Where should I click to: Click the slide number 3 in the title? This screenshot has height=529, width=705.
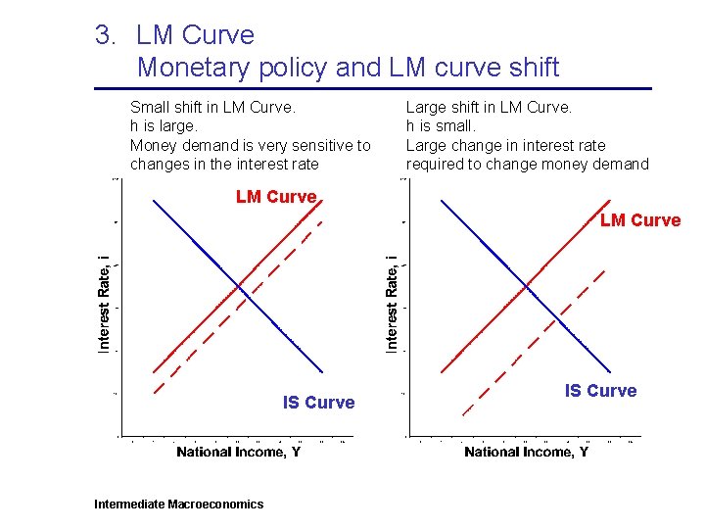[x=105, y=36]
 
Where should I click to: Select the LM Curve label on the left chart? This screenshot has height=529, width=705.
[x=276, y=197]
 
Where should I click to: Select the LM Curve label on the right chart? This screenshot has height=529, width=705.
[x=640, y=220]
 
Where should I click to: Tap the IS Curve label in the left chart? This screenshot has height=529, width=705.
[x=318, y=403]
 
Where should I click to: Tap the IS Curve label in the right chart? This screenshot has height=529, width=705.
[x=600, y=391]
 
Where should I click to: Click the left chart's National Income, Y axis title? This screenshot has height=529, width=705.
[x=238, y=452]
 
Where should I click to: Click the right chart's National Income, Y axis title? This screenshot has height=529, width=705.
[x=526, y=452]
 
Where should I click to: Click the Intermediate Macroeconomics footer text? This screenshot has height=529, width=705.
[x=178, y=505]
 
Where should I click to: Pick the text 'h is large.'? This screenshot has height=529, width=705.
[x=164, y=125]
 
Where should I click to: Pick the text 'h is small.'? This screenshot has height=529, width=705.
[x=441, y=125]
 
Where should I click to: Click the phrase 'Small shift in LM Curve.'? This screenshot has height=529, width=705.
[x=212, y=107]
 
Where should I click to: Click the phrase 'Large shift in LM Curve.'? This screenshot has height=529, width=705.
[x=489, y=107]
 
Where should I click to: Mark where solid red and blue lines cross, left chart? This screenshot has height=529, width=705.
[x=239, y=285]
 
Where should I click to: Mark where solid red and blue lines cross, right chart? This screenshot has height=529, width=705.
[x=527, y=285]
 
